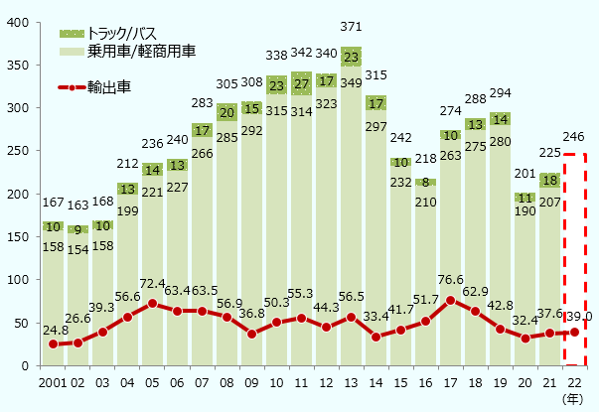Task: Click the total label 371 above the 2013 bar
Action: click(351, 25)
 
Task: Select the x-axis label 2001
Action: click(52, 384)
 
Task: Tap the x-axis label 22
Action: click(574, 384)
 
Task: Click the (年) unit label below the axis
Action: click(573, 399)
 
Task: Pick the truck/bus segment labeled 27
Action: click(301, 84)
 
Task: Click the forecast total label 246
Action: click(575, 139)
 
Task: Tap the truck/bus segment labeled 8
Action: click(425, 183)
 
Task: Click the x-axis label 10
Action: click(276, 384)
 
